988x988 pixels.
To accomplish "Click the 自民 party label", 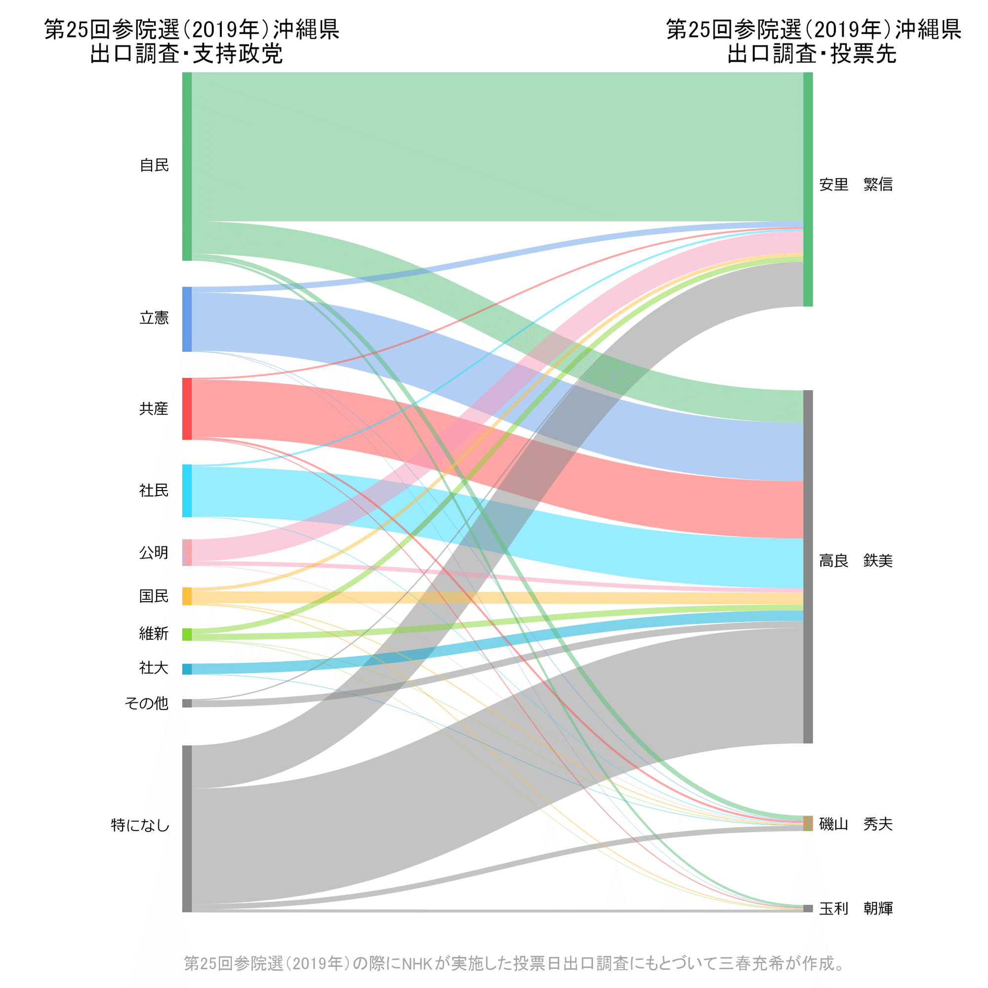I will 154,165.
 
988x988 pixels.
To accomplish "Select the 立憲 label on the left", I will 154,318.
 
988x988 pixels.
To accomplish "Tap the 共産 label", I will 154,409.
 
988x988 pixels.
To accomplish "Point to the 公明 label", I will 154,553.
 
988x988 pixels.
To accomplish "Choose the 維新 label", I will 154,634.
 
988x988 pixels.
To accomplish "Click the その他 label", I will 147,703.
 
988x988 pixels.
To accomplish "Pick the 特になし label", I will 140,825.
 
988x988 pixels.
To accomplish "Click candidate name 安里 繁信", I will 856,184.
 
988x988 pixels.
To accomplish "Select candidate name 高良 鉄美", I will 856,561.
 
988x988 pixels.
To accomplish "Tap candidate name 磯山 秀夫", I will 856,824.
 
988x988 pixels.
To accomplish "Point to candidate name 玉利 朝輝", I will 856,908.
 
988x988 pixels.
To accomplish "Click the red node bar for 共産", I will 187,409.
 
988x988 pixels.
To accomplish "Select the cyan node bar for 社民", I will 187,491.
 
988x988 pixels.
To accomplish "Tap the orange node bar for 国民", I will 187,596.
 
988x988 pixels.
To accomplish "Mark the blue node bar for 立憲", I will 187,319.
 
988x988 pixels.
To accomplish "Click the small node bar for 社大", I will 187,669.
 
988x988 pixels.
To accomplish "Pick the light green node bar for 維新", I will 187,634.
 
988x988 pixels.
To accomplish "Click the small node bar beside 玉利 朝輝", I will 808,908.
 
